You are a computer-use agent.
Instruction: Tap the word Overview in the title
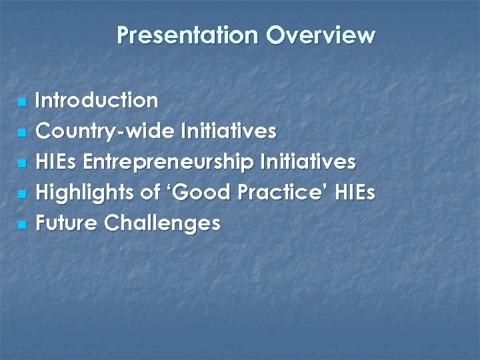coord(321,35)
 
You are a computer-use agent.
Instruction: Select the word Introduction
coord(97,101)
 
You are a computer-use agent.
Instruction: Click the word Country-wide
coord(105,131)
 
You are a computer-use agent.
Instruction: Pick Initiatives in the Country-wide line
coord(228,131)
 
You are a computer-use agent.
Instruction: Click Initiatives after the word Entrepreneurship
coord(309,162)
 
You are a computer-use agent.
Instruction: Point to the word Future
coord(67,223)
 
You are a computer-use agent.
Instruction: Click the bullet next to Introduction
coord(22,103)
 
